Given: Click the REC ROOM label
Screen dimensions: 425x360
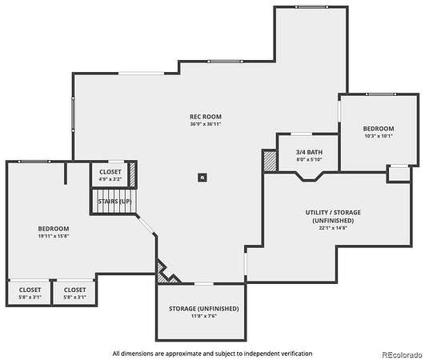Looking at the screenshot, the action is (206, 117).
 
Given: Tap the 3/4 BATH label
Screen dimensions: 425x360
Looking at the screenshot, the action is (309, 152).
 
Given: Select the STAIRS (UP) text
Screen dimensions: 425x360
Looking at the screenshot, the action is (114, 202).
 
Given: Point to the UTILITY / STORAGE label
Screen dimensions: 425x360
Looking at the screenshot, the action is (333, 212).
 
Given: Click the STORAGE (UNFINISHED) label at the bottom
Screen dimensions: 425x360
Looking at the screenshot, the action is (204, 309).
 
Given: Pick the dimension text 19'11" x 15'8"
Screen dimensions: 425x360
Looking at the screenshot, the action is (54, 236).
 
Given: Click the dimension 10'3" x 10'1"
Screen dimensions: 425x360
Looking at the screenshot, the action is (379, 136).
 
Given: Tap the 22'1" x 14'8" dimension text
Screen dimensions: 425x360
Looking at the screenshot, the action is (333, 228).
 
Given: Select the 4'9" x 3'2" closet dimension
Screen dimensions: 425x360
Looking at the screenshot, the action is (110, 179).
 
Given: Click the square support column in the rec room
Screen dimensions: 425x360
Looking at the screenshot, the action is (202, 178).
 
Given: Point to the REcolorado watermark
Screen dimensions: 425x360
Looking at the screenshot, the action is (402, 354).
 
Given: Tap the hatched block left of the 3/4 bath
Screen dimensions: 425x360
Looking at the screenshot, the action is (270, 161).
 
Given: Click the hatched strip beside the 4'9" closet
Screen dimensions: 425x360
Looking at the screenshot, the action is (132, 174).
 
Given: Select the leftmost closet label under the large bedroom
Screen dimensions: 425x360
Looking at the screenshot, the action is (30, 290).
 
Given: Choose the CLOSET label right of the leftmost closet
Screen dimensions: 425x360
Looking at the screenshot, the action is (74, 290).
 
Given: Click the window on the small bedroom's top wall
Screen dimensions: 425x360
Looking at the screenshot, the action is (381, 94).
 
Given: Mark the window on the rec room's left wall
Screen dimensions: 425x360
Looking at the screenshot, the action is (73, 114).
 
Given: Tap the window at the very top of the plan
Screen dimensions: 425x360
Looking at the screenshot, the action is (311, 7).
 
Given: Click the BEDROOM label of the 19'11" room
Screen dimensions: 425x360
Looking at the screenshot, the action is (54, 229).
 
